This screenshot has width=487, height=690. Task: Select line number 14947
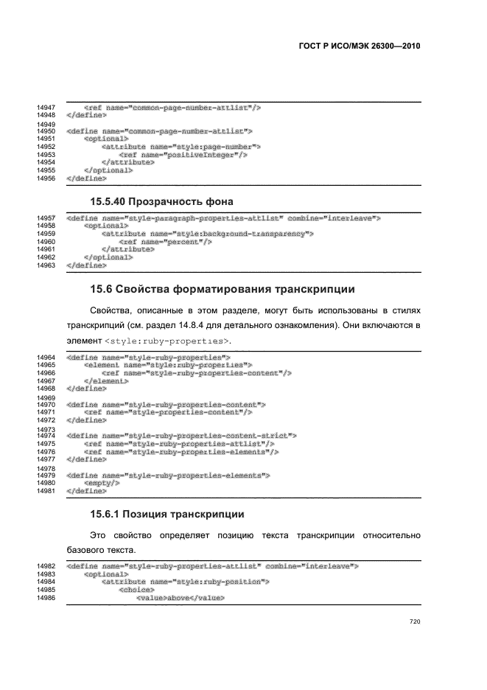46,108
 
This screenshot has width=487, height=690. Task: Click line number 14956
46,178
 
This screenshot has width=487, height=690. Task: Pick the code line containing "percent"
155,241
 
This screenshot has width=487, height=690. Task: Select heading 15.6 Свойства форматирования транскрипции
231,288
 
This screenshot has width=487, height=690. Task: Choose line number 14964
46,357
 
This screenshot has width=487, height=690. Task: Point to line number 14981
46,490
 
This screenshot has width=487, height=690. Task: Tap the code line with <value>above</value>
180,596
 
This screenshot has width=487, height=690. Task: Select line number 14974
46,435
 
